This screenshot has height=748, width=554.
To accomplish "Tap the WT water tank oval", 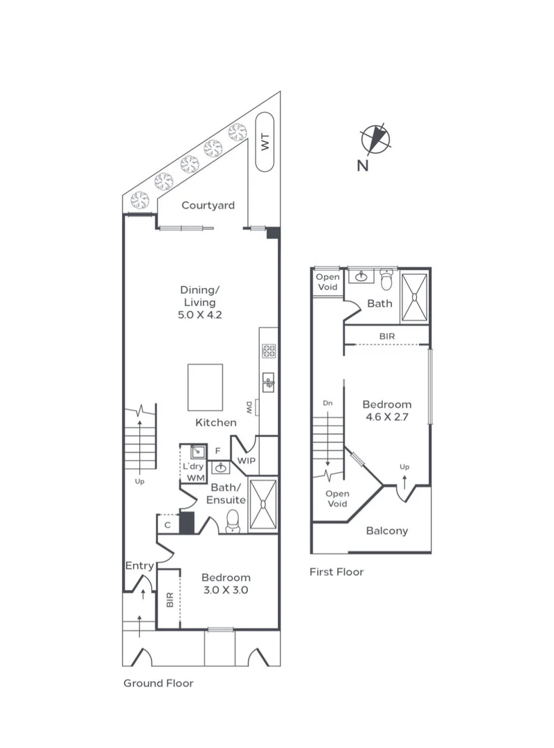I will (265, 143).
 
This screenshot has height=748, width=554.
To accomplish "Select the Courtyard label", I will (208, 205).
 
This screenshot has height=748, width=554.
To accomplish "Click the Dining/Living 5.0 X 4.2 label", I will (199, 302).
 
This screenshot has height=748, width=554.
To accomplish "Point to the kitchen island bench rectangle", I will (205, 388).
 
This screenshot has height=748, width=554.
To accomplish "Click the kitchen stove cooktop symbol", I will (268, 351).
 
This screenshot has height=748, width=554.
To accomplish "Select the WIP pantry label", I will (247, 460).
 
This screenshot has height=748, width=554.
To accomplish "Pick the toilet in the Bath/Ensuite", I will (233, 520).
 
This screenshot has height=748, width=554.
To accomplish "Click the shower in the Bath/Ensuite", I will (262, 504).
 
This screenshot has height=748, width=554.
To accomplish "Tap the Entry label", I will (139, 566).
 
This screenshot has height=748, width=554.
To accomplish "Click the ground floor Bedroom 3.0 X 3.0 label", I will (225, 584).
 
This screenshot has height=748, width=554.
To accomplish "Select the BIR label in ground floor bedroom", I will (170, 599).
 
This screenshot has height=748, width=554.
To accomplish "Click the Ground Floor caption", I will (158, 683).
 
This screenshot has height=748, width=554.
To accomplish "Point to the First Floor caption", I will (337, 572).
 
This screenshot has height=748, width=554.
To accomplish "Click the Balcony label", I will (386, 531).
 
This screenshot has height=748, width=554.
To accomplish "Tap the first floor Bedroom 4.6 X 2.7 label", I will (387, 410).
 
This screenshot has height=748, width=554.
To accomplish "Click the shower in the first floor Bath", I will (414, 296).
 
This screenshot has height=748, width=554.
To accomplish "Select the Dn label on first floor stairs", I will (327, 403).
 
